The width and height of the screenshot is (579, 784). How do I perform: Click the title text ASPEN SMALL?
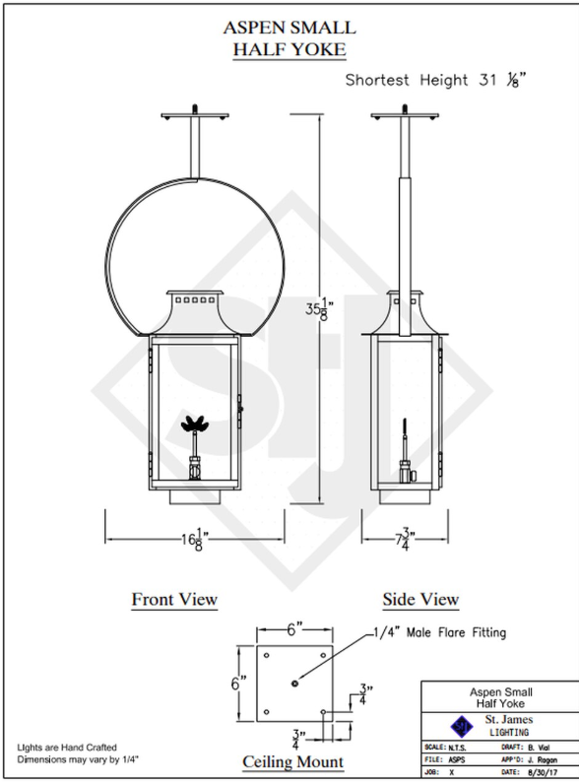click(289, 28)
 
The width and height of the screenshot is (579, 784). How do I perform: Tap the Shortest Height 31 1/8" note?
click(435, 80)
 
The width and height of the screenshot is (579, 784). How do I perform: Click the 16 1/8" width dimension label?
click(195, 540)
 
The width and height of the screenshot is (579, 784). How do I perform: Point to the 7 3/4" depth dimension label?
click(406, 540)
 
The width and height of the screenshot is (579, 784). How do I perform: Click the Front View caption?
click(174, 599)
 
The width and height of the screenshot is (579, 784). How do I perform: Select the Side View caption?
click(421, 599)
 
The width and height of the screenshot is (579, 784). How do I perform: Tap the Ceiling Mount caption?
click(293, 762)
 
